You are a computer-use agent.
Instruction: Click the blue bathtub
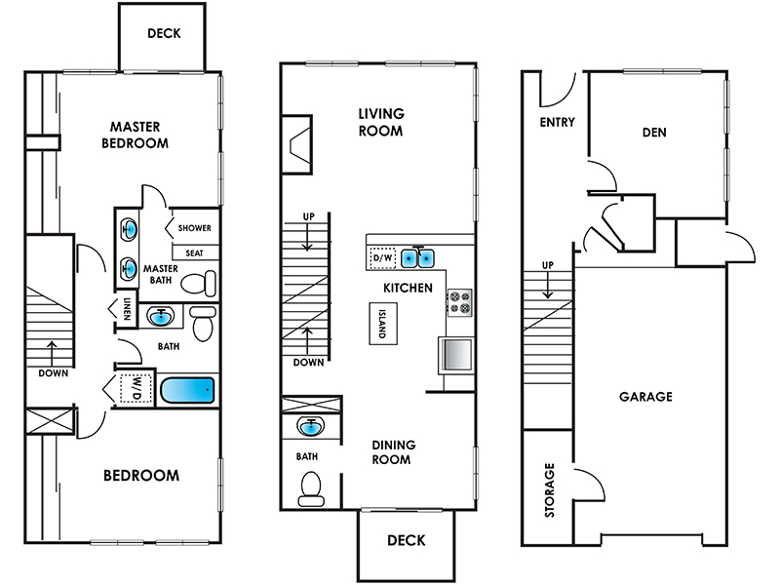coord(187,391)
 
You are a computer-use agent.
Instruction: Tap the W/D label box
coord(136,388)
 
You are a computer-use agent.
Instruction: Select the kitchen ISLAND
coord(383,324)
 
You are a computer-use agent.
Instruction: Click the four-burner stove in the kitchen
coord(459,302)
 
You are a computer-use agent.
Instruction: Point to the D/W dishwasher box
coord(382,258)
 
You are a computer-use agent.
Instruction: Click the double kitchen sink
coord(418,258)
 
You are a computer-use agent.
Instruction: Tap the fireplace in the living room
coord(297,144)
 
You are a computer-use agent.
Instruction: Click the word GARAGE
coord(645,397)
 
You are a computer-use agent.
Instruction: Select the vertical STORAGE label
coord(549,490)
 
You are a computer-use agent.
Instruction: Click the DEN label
coord(654,133)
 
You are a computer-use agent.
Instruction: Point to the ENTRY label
coord(557,122)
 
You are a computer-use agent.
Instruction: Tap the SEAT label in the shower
coord(194,253)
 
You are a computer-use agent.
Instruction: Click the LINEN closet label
coord(127,308)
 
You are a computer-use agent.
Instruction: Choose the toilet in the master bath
coord(198,284)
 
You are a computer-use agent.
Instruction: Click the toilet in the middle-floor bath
coord(311,488)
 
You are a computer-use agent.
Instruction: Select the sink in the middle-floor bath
coord(311,426)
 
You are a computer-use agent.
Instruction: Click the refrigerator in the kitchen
coord(456,355)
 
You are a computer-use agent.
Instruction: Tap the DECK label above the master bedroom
coord(164,33)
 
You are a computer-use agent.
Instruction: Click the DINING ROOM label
coord(394,451)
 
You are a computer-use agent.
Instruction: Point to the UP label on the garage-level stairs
coord(548,265)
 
